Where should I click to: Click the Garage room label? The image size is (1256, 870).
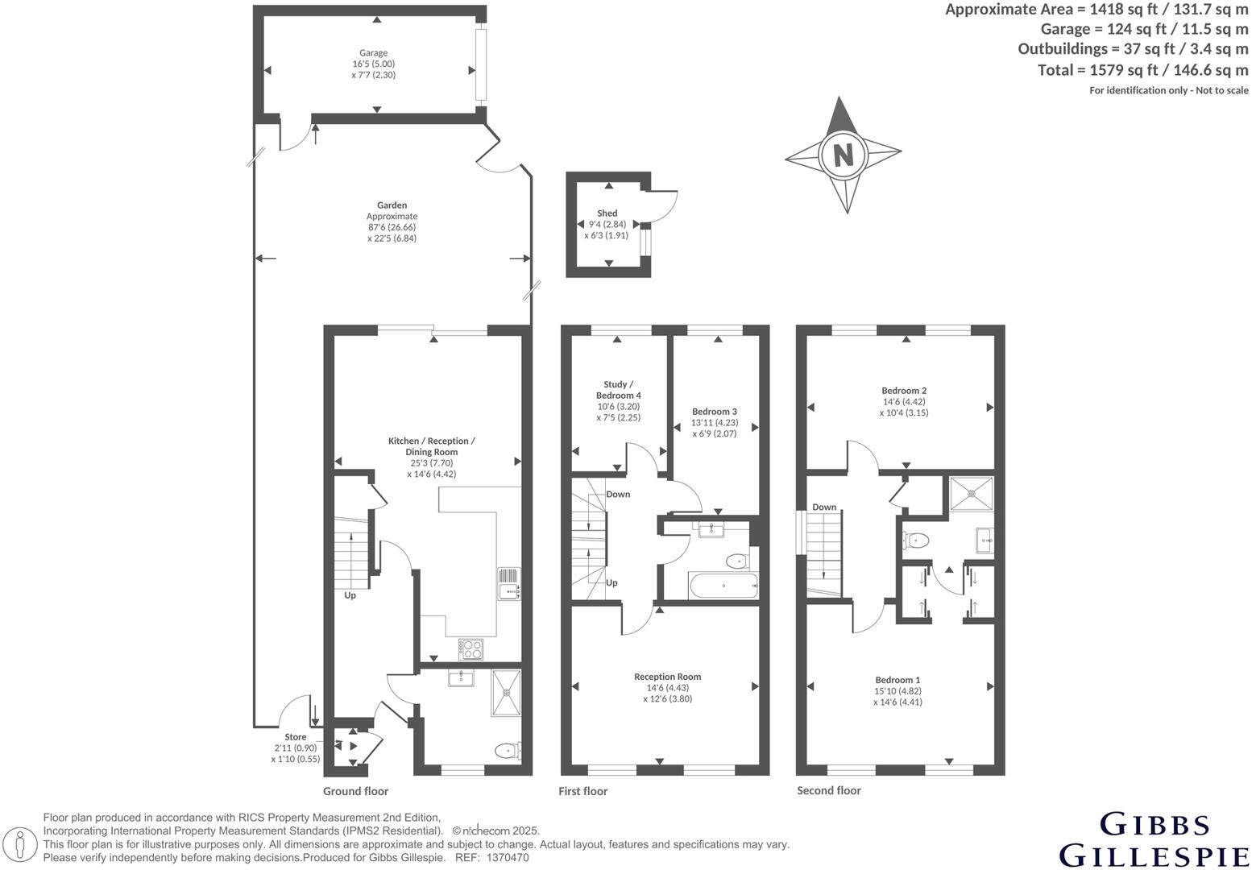tap(373, 53)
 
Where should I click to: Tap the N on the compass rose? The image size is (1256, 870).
tap(844, 154)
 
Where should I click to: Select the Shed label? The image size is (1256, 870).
tap(607, 213)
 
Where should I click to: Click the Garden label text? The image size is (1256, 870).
tap(392, 205)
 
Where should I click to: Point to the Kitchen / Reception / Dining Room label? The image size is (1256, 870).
tap(432, 446)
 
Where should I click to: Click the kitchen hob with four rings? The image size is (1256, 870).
tap(470, 648)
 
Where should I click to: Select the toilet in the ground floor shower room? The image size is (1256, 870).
tap(508, 751)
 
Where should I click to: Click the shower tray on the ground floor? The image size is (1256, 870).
tap(507, 692)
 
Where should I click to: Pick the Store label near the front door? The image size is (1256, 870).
tap(295, 737)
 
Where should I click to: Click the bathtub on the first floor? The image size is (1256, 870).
tap(723, 586)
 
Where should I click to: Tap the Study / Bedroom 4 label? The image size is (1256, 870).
tap(618, 390)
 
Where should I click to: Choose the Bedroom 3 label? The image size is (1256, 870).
tap(714, 412)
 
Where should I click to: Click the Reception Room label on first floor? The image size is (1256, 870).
tap(667, 677)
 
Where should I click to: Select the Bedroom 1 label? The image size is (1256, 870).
tap(897, 680)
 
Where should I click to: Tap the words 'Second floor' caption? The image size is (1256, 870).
tap(828, 790)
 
